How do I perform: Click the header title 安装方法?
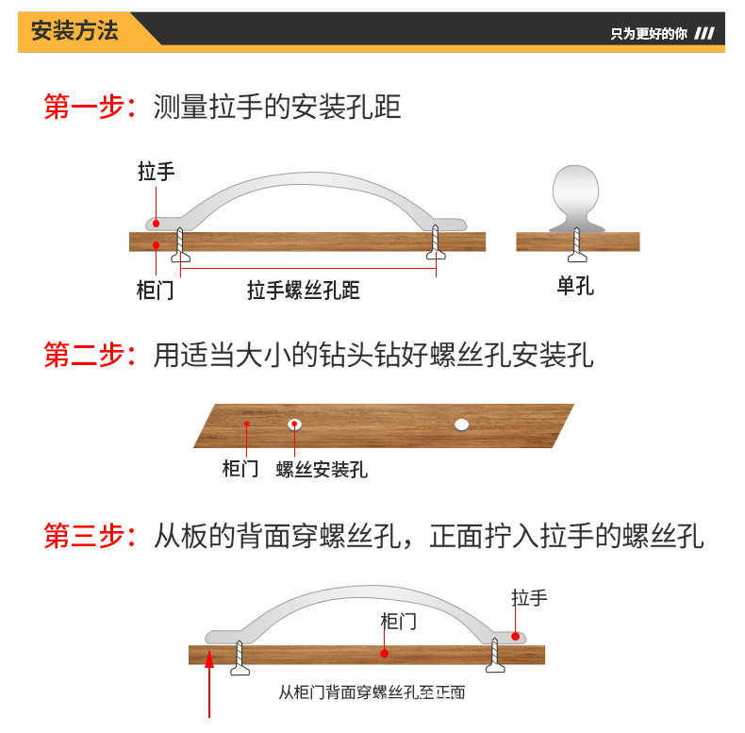[x=75, y=30]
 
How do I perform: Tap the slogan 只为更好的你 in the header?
[x=649, y=34]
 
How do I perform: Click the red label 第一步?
[x=84, y=107]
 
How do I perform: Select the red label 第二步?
[x=84, y=355]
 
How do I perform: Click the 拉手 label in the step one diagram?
[x=156, y=172]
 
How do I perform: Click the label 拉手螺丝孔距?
[x=304, y=290]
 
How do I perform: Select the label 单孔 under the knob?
[x=575, y=286]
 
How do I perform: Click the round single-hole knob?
[x=576, y=193]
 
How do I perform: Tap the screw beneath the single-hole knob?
[x=576, y=246]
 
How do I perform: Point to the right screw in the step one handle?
[x=436, y=243]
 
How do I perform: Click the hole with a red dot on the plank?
[x=295, y=424]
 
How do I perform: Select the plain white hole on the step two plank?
[x=461, y=424]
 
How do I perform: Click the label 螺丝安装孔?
[x=322, y=469]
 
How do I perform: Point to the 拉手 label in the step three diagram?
[x=529, y=597]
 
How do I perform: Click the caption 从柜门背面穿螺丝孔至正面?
[x=372, y=691]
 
